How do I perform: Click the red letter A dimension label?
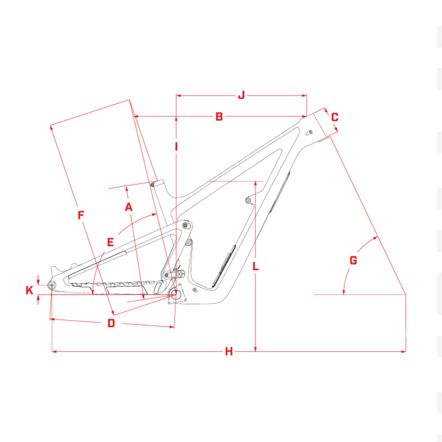(129, 207)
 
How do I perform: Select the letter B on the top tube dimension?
(219, 117)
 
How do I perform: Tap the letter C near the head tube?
(335, 117)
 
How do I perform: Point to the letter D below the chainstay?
(111, 323)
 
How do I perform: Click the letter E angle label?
(110, 242)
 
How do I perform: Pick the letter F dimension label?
(81, 215)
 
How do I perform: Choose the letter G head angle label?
(354, 260)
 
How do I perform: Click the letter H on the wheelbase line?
(229, 351)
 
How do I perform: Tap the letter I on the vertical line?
(176, 147)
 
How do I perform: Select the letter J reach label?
(241, 95)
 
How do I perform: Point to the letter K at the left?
(29, 291)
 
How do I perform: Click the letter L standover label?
(255, 266)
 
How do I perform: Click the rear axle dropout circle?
(52, 285)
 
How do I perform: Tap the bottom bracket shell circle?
(175, 294)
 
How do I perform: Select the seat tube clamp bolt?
(152, 185)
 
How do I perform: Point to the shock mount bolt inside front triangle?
(248, 200)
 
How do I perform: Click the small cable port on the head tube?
(310, 132)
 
